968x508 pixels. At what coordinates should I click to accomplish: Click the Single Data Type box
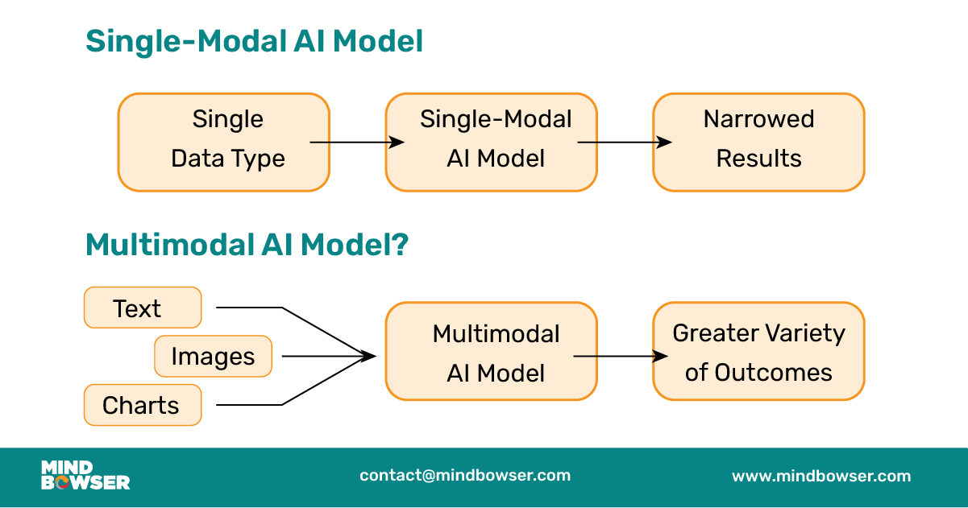223,142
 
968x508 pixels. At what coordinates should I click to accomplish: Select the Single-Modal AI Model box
491,142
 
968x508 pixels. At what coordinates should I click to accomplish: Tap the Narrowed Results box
758,142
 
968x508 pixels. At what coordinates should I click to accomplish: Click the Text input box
143,308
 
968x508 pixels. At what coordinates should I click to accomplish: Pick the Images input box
213,356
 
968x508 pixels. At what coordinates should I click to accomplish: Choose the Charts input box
143,404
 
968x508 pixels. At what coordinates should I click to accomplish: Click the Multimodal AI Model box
491,351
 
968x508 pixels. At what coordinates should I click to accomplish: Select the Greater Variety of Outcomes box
758,351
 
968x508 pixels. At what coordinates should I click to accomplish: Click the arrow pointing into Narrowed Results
625,142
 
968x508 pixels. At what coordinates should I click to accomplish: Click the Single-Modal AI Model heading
254,41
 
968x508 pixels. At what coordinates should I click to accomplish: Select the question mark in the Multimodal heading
399,246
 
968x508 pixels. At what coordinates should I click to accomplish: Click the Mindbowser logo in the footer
85,475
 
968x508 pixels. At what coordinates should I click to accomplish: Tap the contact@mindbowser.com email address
465,475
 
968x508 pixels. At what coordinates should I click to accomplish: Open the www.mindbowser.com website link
821,476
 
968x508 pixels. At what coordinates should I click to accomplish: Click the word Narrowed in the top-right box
758,119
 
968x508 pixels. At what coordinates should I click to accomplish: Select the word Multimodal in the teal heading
172,246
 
